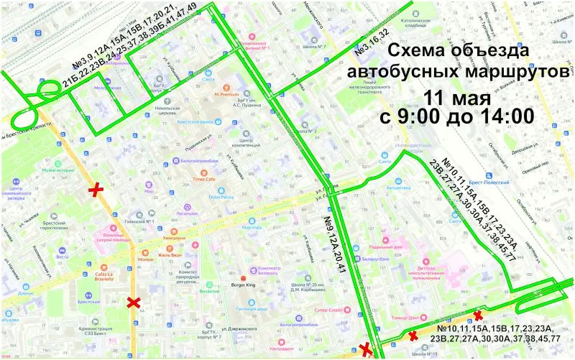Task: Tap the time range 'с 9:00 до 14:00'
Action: (x=457, y=116)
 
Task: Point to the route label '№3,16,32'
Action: (x=372, y=45)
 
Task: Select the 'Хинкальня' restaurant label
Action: (x=174, y=237)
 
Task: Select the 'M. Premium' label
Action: (x=229, y=95)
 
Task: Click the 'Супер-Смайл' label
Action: (x=332, y=310)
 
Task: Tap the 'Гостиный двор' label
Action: (x=253, y=309)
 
